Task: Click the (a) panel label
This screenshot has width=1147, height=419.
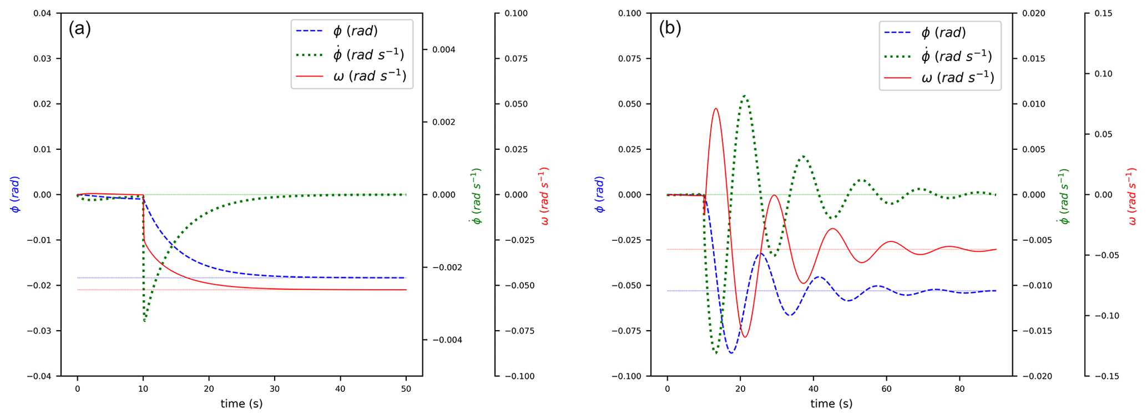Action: [x=79, y=28]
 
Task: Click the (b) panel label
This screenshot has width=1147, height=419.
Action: [x=670, y=28]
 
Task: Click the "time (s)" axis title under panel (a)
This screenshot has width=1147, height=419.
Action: [x=241, y=404]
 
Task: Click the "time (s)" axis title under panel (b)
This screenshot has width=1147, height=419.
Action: [x=831, y=404]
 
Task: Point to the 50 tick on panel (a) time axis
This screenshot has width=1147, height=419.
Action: [x=406, y=389]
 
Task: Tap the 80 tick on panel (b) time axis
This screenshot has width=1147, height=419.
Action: [x=959, y=389]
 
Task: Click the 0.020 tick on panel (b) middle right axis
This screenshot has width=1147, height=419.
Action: [x=1033, y=13]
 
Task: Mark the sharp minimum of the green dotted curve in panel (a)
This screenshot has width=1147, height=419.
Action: [x=144, y=321]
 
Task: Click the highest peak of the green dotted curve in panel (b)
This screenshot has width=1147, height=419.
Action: [x=745, y=96]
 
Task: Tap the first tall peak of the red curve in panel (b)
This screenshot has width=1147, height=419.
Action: [x=716, y=109]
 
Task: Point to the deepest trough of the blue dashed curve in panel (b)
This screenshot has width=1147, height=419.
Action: [x=732, y=353]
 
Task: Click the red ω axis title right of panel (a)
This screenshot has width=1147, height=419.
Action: [x=544, y=196]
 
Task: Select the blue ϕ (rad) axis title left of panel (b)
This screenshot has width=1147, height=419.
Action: [x=600, y=194]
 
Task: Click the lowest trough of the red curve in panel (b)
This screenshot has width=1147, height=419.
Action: [x=745, y=337]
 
